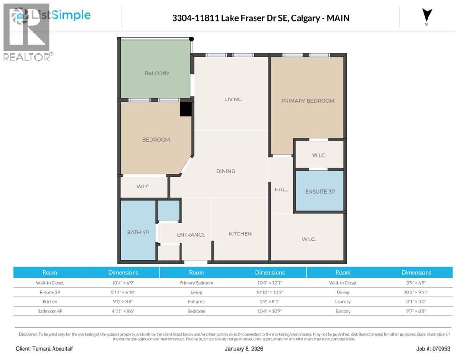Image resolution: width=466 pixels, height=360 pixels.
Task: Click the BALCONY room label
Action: (x=157, y=73)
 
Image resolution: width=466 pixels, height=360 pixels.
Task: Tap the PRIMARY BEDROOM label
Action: (x=307, y=101)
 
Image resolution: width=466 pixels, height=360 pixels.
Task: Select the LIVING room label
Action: (x=233, y=99)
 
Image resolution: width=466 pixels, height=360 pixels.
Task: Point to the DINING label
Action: (x=225, y=171)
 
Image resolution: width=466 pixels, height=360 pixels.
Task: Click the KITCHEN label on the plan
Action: (x=240, y=233)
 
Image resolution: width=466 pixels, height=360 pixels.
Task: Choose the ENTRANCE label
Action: (x=191, y=235)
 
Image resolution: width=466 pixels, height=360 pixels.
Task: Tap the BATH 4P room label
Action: (x=138, y=232)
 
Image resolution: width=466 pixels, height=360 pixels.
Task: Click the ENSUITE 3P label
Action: (x=320, y=192)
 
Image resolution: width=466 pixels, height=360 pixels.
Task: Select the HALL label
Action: (x=281, y=189)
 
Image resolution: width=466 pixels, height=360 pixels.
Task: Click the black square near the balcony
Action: (x=186, y=109)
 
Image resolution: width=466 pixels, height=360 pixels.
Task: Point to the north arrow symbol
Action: (x=426, y=15)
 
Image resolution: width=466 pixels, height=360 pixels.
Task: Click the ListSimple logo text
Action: (x=60, y=15)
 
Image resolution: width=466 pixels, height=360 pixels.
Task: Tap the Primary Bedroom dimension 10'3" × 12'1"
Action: (x=270, y=283)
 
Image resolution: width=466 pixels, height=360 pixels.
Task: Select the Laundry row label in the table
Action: (x=343, y=301)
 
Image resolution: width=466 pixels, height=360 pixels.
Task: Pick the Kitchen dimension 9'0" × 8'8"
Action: (x=123, y=301)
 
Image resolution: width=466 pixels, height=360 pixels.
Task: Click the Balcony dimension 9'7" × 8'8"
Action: (x=416, y=311)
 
